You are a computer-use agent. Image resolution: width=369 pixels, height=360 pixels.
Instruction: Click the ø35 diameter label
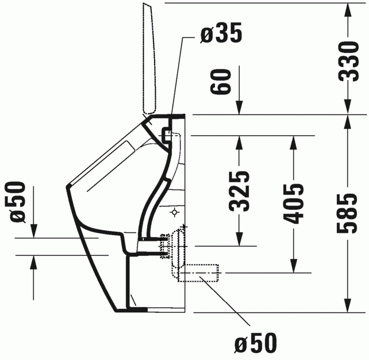[221, 34]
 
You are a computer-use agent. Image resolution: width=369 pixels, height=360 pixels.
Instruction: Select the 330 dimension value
[348, 62]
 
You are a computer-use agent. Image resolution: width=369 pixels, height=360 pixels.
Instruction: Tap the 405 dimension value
[295, 204]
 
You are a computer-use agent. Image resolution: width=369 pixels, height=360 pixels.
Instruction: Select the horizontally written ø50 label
[255, 343]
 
